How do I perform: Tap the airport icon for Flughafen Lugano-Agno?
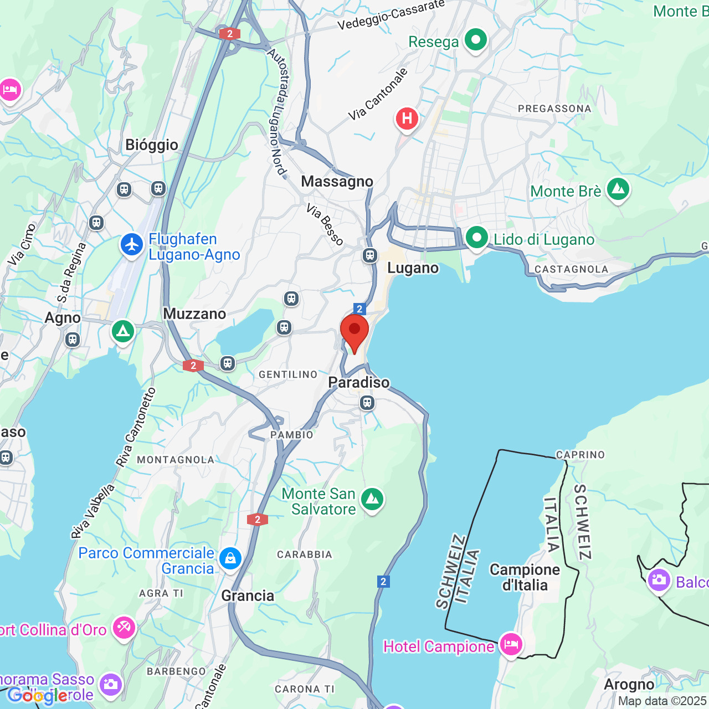coord(132,244)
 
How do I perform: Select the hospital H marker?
coord(407,119)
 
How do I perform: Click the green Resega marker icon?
coord(475,40)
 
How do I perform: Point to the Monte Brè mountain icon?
coord(618,189)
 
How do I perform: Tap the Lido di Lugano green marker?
coord(476,238)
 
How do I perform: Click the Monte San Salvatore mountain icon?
coord(372,500)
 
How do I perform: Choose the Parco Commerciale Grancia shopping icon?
coord(230,558)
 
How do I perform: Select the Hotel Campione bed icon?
coord(511,644)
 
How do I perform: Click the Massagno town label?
coord(337,182)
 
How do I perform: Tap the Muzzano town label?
coord(194,314)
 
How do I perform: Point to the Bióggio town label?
coord(152,145)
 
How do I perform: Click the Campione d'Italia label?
coord(525,577)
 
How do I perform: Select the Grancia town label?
coord(248,596)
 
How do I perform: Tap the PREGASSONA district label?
coord(554,109)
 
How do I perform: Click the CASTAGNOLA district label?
coord(571,269)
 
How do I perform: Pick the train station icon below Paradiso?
coord(367,403)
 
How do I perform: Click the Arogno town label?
coord(629,685)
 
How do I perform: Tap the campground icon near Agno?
coord(122,332)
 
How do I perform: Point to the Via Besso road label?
coord(325,225)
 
